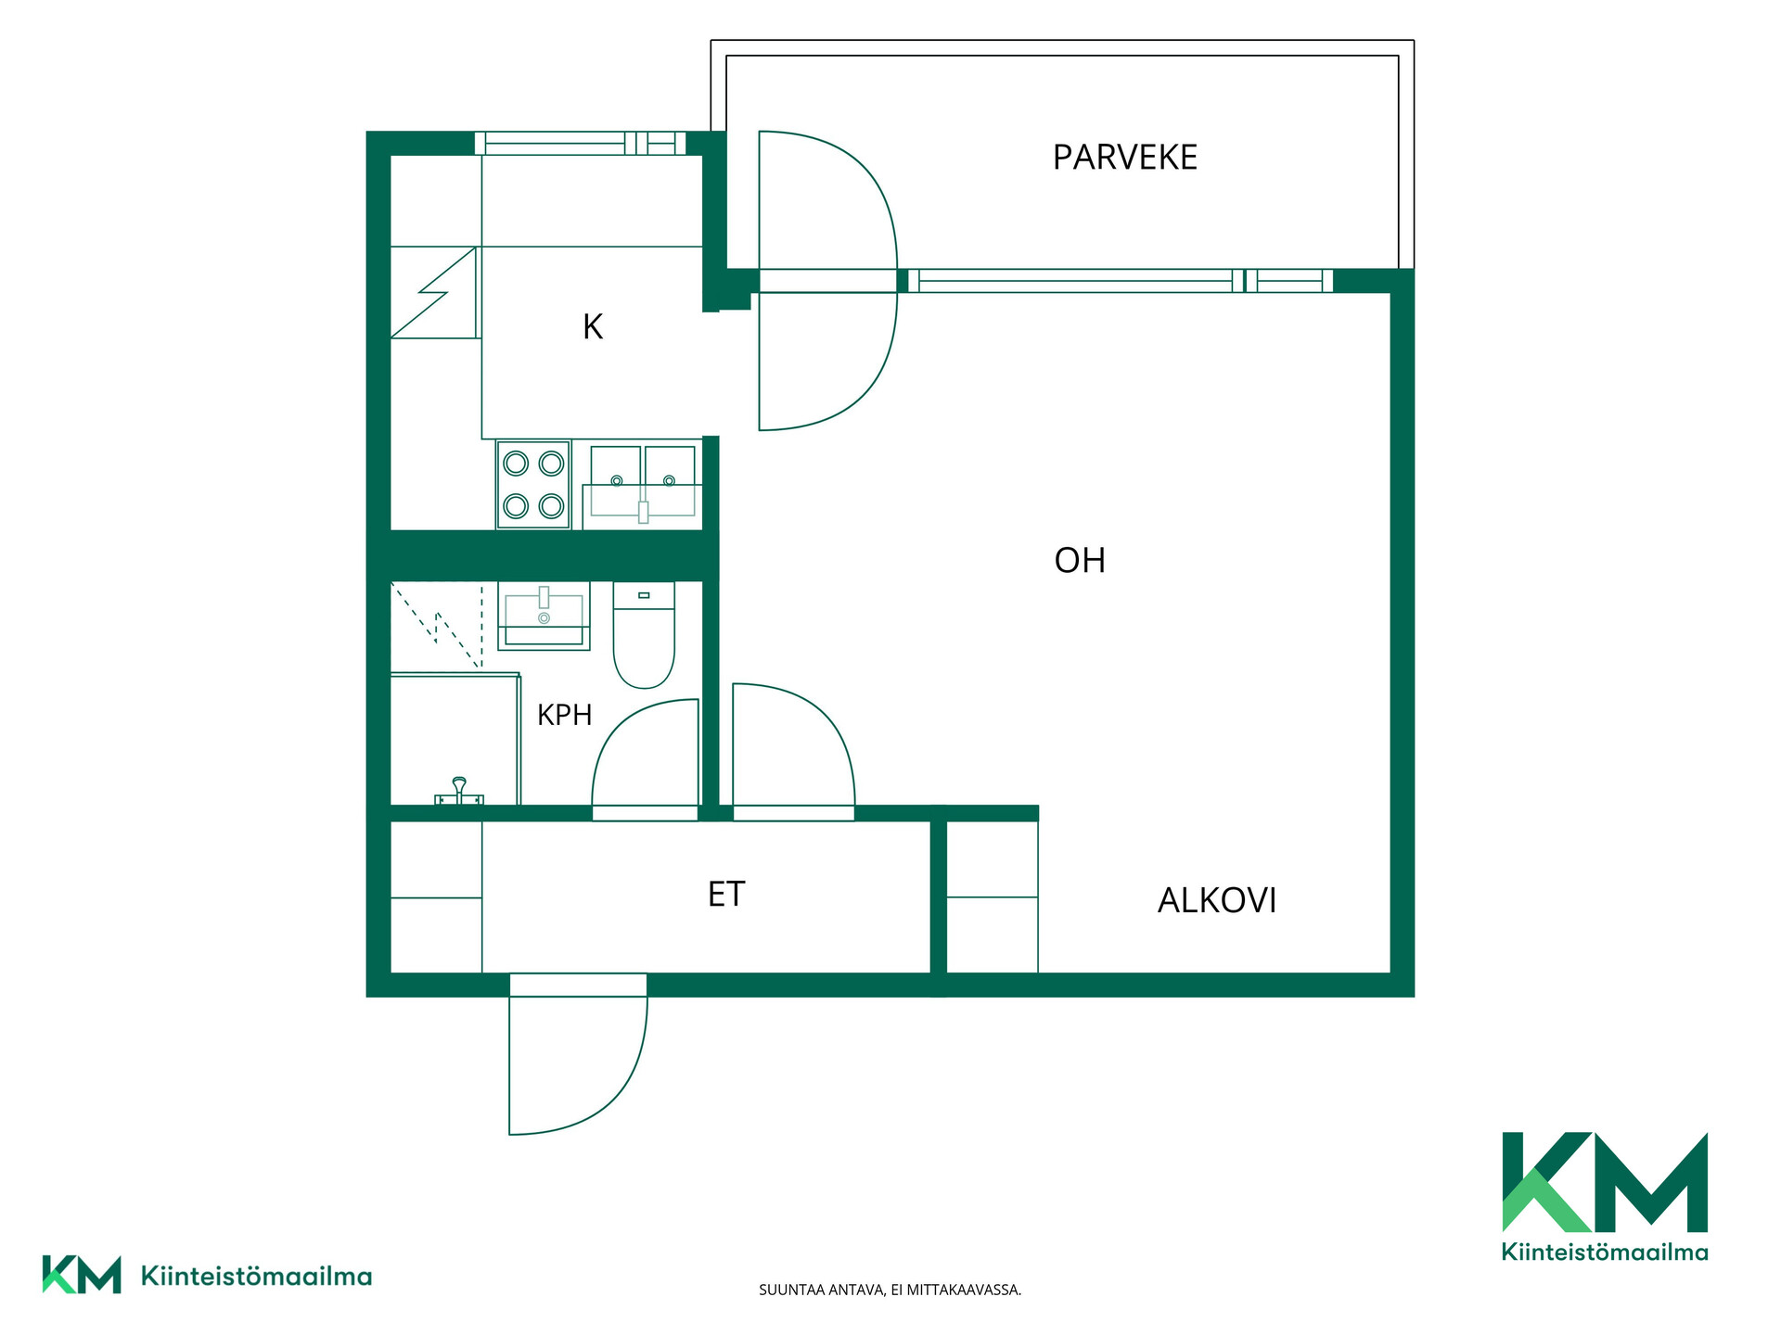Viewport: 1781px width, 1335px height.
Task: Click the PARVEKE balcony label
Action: coord(1124,158)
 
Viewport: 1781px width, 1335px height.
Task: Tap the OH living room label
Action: coord(1080,561)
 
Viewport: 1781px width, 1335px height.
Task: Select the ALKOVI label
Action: coord(1217,900)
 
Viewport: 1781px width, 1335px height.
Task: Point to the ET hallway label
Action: coord(726,894)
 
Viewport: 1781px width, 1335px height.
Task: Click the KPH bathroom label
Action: coord(564,715)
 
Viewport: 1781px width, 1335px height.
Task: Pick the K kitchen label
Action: coord(593,326)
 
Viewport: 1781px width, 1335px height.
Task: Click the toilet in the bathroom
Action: coord(644,635)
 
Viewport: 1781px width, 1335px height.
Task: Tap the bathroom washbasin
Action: coord(544,616)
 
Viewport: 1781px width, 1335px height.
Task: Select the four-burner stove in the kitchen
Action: coord(533,485)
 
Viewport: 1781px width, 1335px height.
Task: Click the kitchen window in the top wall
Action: coord(581,143)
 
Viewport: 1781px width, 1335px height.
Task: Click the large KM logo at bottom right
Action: coord(1605,1196)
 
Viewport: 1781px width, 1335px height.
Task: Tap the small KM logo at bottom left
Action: coord(207,1275)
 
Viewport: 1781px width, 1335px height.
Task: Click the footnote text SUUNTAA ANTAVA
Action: coord(821,1290)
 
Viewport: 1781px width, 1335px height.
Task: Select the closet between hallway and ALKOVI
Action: coord(992,897)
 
